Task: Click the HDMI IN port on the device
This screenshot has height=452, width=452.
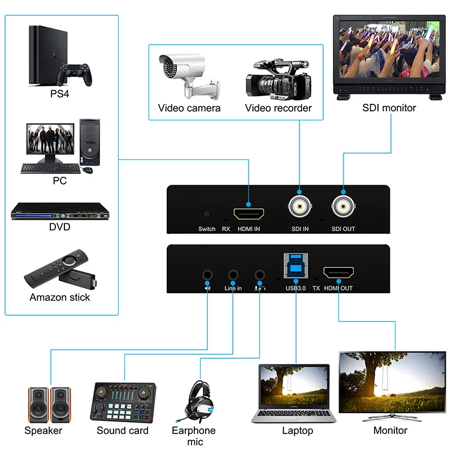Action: pyautogui.click(x=249, y=214)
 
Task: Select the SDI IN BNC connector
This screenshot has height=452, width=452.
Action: pyautogui.click(x=299, y=207)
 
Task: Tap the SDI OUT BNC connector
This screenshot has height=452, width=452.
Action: pyautogui.click(x=344, y=207)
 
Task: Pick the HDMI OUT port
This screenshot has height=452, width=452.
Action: pyautogui.click(x=338, y=274)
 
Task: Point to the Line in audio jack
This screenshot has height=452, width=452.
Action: pyautogui.click(x=233, y=275)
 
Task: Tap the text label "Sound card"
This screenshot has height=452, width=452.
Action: pyautogui.click(x=123, y=431)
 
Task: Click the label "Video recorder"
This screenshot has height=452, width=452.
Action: pyautogui.click(x=278, y=108)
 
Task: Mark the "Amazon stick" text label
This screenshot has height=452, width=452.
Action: pyautogui.click(x=60, y=297)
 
